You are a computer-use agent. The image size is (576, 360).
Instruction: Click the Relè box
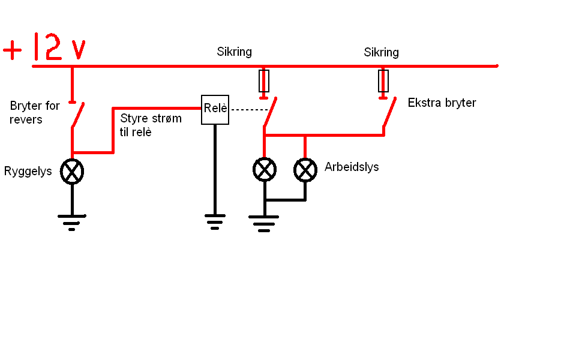pos(215,110)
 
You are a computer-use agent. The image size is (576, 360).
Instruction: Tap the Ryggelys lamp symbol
pos(72,172)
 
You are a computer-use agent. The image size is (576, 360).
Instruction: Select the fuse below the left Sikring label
pos(264,81)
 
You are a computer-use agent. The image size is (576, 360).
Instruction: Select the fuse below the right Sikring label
pos(383,81)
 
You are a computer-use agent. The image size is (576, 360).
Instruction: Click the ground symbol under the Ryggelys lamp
pos(72,223)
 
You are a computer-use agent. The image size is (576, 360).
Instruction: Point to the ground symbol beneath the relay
pos(215,222)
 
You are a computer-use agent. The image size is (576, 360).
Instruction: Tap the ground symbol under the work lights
pos(264,224)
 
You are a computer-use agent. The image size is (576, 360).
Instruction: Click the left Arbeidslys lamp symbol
pos(265,170)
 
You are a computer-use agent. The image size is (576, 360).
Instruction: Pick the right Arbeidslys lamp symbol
pos(305,170)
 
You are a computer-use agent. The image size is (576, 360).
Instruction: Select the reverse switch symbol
pos(77,115)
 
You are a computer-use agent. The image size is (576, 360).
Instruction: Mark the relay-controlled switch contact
pos(270,112)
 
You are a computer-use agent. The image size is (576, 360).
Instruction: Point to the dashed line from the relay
pos(250,109)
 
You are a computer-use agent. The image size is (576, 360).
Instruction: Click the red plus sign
pos(13,50)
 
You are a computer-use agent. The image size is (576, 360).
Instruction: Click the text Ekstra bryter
pos(442,103)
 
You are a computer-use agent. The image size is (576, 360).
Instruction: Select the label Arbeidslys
pos(352,167)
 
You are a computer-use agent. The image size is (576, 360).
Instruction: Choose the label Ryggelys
pos(28,172)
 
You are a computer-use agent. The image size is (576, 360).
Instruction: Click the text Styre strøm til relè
pos(151,125)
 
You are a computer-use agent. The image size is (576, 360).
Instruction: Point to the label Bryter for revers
pos(35,112)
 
